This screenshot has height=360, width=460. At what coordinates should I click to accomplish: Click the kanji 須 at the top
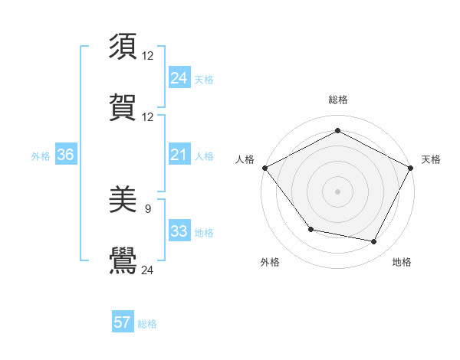123,46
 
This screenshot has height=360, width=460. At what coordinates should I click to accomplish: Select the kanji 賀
123,107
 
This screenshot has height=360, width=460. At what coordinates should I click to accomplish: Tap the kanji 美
123,201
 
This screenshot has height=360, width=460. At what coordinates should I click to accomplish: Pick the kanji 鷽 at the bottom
123,260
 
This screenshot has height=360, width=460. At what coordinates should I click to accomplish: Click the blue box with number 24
179,78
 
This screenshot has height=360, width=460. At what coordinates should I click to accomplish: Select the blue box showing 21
179,155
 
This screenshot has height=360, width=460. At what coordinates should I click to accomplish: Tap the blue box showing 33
179,232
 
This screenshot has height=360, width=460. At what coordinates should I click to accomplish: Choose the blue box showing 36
65,155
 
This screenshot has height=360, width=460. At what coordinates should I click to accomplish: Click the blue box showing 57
123,322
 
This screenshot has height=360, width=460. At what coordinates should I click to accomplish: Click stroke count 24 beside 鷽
148,270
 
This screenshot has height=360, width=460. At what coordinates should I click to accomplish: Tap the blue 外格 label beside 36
41,156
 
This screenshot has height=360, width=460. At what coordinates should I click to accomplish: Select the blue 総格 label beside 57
147,324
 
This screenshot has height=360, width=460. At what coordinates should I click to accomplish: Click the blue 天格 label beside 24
204,80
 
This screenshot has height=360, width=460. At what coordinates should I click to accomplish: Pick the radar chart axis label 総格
337,100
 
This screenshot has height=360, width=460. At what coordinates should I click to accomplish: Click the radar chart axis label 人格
245,159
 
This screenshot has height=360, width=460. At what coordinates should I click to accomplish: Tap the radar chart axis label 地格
402,262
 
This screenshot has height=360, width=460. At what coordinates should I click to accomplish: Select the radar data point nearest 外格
310,229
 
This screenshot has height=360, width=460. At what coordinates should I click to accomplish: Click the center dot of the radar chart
337,191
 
